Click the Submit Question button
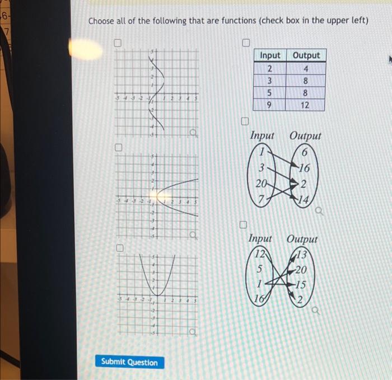(129, 362)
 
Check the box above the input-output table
(245, 43)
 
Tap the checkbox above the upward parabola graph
(118, 247)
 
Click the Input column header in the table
(270, 55)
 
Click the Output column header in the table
(306, 55)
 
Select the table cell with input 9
(270, 105)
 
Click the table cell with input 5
(270, 92)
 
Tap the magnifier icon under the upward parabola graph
(193, 334)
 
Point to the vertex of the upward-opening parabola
(158, 295)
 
